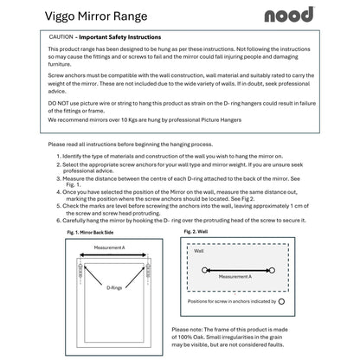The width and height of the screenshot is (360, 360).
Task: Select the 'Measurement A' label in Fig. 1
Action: pos(109,247)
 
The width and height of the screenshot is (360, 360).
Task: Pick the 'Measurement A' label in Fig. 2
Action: pos(235,276)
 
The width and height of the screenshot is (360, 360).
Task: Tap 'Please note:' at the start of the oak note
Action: pos(189,330)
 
